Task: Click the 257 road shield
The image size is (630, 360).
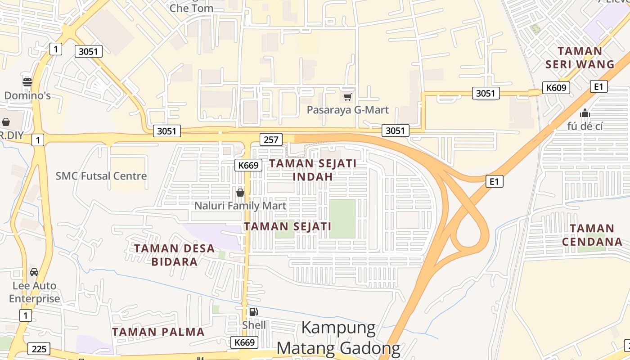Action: tap(271, 139)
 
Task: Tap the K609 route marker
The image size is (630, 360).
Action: tap(556, 87)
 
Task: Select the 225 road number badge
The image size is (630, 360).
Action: tap(39, 349)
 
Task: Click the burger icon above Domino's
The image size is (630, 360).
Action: tap(27, 82)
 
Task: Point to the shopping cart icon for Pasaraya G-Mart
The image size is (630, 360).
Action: tap(347, 97)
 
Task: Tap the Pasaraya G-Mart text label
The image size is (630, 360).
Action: tap(347, 110)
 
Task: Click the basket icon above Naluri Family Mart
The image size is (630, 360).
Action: tap(240, 193)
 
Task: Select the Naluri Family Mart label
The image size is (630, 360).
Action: tap(240, 206)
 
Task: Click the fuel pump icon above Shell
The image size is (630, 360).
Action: tap(254, 311)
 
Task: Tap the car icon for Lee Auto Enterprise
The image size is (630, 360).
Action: tap(34, 272)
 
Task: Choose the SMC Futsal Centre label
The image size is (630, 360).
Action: tap(101, 176)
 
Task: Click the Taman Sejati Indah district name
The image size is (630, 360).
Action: tap(313, 170)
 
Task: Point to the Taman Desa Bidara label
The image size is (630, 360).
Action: tap(174, 255)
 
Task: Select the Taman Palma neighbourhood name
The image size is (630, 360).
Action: tap(158, 332)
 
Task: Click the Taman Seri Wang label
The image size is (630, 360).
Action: tap(580, 58)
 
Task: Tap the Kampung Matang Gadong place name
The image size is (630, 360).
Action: tap(338, 338)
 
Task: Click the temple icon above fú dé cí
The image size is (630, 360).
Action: tap(585, 112)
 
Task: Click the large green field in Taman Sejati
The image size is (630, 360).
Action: tap(342, 219)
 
